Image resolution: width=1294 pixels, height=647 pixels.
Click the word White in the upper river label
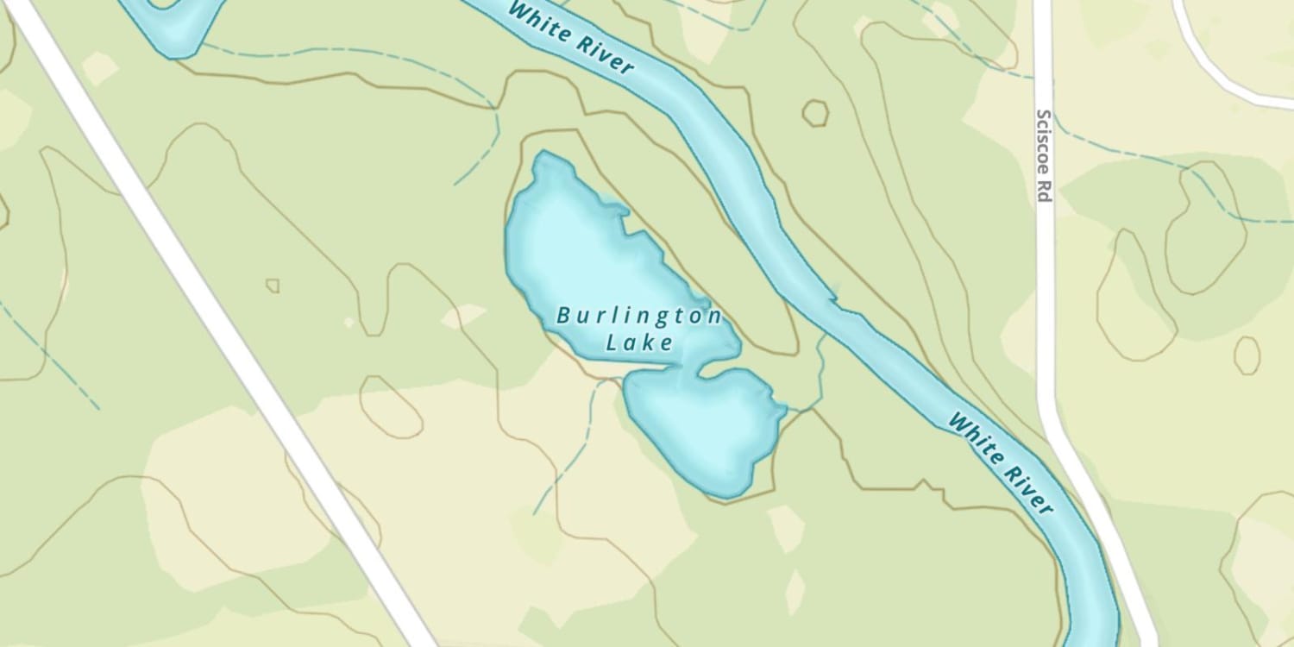(x=538, y=24)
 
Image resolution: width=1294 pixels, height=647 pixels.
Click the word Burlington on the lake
(x=638, y=317)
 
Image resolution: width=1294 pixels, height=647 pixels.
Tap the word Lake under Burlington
(x=638, y=343)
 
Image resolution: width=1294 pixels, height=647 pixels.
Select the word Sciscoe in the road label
(x=1044, y=141)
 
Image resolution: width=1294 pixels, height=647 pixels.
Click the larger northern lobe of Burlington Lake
(x=587, y=250)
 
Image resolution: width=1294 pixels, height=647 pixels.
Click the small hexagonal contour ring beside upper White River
(x=814, y=113)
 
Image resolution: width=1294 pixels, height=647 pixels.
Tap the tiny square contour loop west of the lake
(x=273, y=285)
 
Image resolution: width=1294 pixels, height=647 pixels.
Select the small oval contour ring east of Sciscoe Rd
(x=1247, y=355)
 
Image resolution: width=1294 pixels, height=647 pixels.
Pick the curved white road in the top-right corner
(x=1216, y=69)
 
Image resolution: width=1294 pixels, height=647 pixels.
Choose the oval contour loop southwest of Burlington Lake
(x=391, y=406)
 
